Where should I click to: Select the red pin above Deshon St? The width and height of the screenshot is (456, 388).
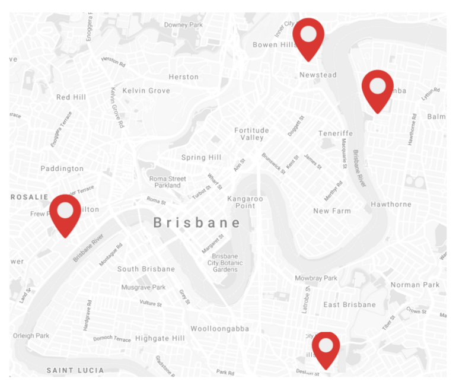(x=326, y=348)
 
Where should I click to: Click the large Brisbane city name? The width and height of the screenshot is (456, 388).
(x=197, y=223)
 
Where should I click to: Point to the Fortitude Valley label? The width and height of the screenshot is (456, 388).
(x=251, y=134)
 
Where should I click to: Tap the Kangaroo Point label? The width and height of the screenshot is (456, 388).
(x=245, y=202)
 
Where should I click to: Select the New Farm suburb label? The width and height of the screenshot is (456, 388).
(x=332, y=211)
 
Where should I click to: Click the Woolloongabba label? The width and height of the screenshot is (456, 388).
(x=219, y=329)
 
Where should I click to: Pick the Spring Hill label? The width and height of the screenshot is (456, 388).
(x=201, y=157)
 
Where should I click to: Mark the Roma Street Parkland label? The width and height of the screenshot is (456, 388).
(x=167, y=182)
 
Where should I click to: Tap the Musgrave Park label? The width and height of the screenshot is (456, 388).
(x=143, y=287)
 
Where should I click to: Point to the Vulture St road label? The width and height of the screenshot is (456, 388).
(x=151, y=303)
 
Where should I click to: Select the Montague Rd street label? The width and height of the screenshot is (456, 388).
(x=111, y=254)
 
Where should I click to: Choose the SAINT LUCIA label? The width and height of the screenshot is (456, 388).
(x=75, y=370)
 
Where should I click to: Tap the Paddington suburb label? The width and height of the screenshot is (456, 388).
(x=62, y=168)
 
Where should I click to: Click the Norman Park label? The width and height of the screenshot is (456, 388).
(x=414, y=285)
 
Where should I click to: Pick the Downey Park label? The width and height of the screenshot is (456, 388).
(x=183, y=25)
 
